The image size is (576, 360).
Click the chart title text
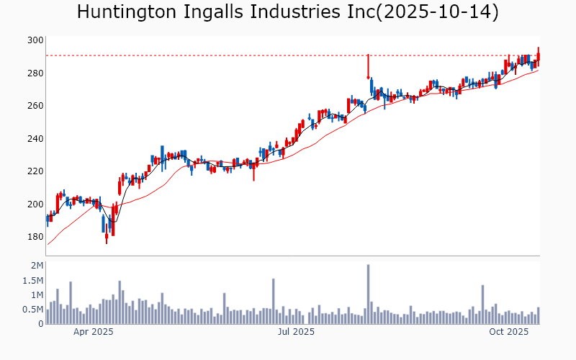(287, 12)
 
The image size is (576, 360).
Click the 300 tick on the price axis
(35, 40)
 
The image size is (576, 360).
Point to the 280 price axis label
(35, 73)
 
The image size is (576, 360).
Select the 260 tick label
(35, 106)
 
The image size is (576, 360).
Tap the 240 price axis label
(35, 139)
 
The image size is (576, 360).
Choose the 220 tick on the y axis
(35, 171)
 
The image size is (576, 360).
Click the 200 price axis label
(35, 204)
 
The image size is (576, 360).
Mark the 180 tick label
(35, 237)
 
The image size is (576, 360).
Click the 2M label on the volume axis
(37, 266)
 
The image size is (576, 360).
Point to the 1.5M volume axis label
(33, 281)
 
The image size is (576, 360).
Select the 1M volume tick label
(37, 295)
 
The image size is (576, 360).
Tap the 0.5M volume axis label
(33, 310)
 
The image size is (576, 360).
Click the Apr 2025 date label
(94, 332)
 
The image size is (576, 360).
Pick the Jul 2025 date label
(295, 332)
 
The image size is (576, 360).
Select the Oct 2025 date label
(509, 332)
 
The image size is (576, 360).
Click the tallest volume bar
(368, 294)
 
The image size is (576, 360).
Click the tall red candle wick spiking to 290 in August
(368, 65)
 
